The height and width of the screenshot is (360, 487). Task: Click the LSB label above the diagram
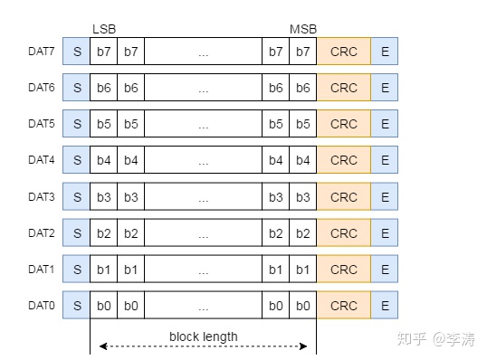pyautogui.click(x=104, y=30)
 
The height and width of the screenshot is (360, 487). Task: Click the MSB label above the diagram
pyautogui.click(x=303, y=30)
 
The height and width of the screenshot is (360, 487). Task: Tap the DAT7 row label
pyautogui.click(x=42, y=52)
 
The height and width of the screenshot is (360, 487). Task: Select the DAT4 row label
pyautogui.click(x=42, y=160)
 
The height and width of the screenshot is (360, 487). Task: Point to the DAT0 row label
pyautogui.click(x=42, y=306)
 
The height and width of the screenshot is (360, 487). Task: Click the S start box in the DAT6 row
pyautogui.click(x=77, y=88)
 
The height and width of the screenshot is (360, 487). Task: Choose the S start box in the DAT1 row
pyautogui.click(x=77, y=270)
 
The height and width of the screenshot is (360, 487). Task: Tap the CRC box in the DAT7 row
pyautogui.click(x=344, y=52)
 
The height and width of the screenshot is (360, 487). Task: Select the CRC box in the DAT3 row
pyautogui.click(x=344, y=197)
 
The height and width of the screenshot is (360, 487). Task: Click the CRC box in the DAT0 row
pyautogui.click(x=344, y=307)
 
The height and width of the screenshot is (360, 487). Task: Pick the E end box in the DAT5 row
pyautogui.click(x=385, y=124)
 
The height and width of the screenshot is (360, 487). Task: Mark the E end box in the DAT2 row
pyautogui.click(x=385, y=233)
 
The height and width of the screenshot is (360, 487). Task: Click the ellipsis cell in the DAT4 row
pyautogui.click(x=203, y=161)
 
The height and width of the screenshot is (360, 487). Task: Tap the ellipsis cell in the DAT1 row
pyautogui.click(x=203, y=270)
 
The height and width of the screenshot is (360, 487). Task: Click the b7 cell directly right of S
pyautogui.click(x=104, y=52)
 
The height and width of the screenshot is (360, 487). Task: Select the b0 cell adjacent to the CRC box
pyautogui.click(x=303, y=307)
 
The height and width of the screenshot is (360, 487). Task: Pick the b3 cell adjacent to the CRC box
pyautogui.click(x=303, y=197)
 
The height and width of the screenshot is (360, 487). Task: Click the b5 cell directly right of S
pyautogui.click(x=104, y=124)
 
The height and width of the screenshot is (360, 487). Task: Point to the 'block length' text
pyautogui.click(x=204, y=336)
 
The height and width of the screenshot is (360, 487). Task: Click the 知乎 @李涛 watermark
pyautogui.click(x=438, y=339)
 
